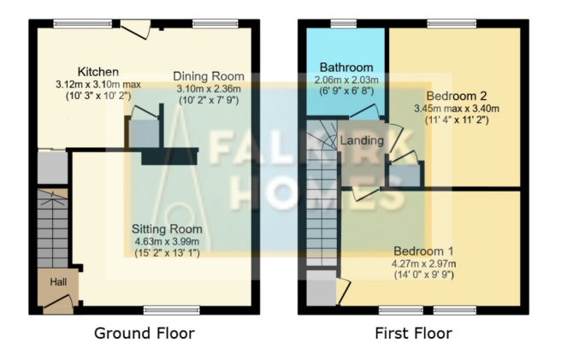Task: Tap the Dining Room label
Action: click(209, 76)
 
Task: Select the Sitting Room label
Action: click(167, 228)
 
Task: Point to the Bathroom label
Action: click(346, 67)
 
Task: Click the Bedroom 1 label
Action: click(423, 251)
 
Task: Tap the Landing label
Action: click(362, 140)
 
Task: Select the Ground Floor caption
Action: click(144, 333)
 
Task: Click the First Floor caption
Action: click(413, 333)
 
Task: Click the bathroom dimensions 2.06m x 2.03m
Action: click(346, 80)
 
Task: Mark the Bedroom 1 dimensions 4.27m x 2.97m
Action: click(423, 263)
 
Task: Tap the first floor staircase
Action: click(323, 205)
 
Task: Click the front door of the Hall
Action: click(58, 301)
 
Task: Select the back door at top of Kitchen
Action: click(133, 28)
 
